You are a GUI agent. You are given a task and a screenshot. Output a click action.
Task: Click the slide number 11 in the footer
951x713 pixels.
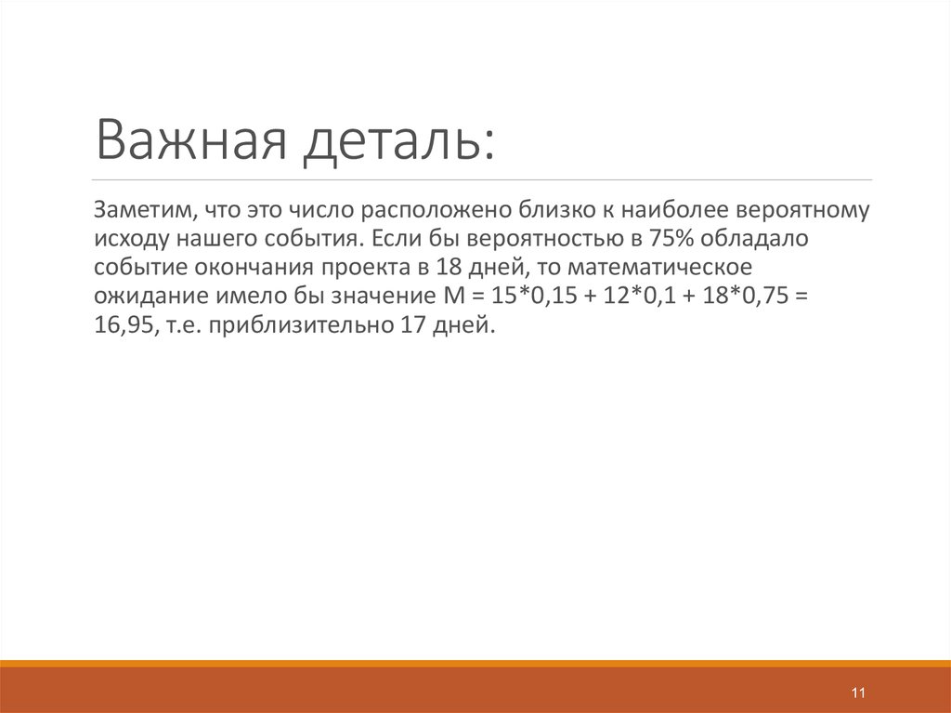pos(857,693)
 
